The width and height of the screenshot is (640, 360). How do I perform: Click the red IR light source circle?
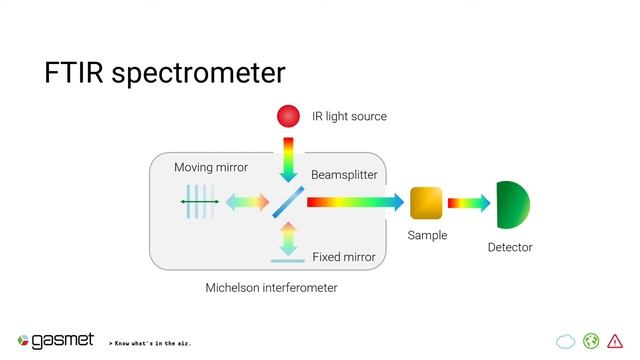(288, 116)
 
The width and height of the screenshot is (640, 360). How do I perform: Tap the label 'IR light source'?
(348, 116)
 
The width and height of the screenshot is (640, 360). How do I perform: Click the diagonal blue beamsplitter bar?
(287, 203)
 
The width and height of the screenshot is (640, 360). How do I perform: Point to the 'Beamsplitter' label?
(344, 174)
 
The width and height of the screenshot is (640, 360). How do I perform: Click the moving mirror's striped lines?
(199, 203)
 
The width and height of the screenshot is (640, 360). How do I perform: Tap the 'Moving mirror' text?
(210, 167)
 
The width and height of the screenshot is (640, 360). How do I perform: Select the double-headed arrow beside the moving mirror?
(246, 203)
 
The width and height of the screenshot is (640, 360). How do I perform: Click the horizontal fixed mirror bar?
(288, 262)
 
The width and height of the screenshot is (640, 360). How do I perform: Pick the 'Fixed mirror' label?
(343, 257)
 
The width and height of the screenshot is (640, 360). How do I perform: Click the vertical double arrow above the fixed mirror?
(288, 239)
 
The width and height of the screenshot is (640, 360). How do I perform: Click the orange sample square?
(426, 203)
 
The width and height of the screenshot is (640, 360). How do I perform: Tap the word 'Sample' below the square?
(427, 236)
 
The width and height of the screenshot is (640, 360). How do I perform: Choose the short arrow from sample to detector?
(468, 203)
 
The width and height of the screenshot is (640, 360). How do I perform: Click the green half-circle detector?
(511, 204)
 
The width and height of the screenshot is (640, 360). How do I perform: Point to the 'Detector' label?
(510, 247)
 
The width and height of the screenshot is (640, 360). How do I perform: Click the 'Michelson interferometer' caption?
(271, 288)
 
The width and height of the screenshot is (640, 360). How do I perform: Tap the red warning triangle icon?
(614, 341)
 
